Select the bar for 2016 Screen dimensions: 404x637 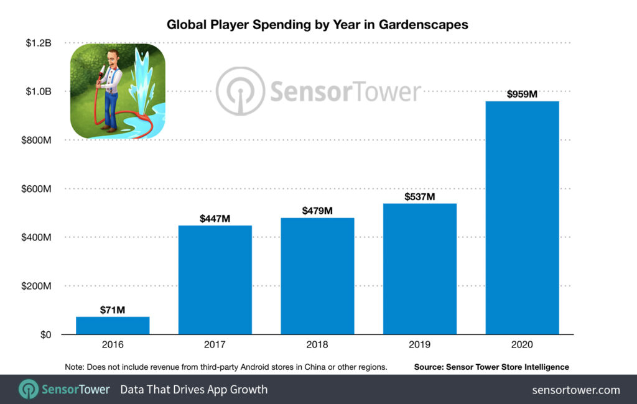click(113, 326)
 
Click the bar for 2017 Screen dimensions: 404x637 click(215, 280)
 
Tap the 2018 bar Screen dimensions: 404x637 click(317, 276)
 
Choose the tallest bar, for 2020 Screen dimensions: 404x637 click(522, 218)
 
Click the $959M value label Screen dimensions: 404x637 click(522, 94)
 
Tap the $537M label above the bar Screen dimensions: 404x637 click(420, 197)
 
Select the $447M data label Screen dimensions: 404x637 click(215, 219)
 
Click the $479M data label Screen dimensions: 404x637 click(317, 211)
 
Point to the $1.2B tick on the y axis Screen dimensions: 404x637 click(39, 43)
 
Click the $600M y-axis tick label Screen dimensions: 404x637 click(36, 189)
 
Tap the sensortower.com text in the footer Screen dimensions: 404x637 click(576, 390)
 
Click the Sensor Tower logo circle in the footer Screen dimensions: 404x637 click(29, 390)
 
